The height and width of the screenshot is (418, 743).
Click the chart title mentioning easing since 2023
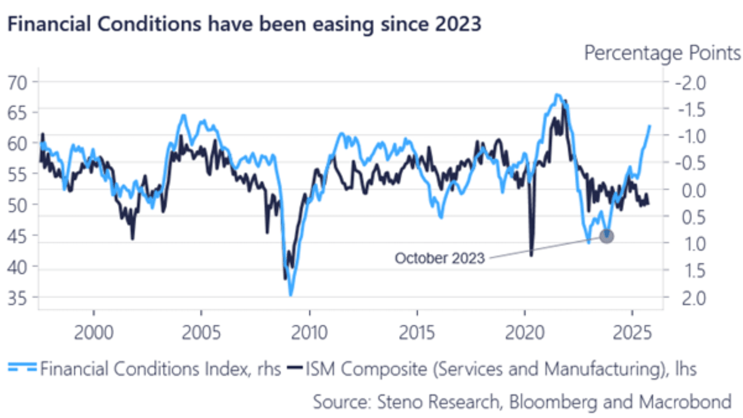tap(244, 24)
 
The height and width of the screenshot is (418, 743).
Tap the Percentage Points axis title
tap(662, 53)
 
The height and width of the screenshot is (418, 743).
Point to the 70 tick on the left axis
tap(17, 83)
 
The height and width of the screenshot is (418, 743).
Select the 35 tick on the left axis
tap(17, 298)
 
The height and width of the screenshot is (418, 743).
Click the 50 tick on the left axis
tap(17, 205)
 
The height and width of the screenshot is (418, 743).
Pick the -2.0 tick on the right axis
tap(691, 83)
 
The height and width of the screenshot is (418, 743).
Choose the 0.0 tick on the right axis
tap(694, 190)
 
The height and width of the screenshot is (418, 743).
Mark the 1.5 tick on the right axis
tap(694, 271)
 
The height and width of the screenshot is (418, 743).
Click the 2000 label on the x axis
tap(94, 333)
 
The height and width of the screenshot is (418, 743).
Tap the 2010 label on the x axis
tap(309, 333)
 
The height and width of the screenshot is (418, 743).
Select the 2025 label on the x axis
tap(632, 333)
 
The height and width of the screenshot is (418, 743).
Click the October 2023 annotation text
tap(440, 258)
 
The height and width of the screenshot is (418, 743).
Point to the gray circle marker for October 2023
tap(606, 236)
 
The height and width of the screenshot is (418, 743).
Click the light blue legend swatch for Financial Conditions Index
tap(22, 368)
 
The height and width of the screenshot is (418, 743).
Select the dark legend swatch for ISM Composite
tap(295, 368)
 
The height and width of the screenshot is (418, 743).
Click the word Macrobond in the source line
tap(685, 402)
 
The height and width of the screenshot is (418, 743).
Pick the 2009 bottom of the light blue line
tap(291, 295)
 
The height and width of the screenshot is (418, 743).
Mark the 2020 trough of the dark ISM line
tap(531, 255)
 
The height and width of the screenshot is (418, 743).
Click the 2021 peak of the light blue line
tap(557, 94)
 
